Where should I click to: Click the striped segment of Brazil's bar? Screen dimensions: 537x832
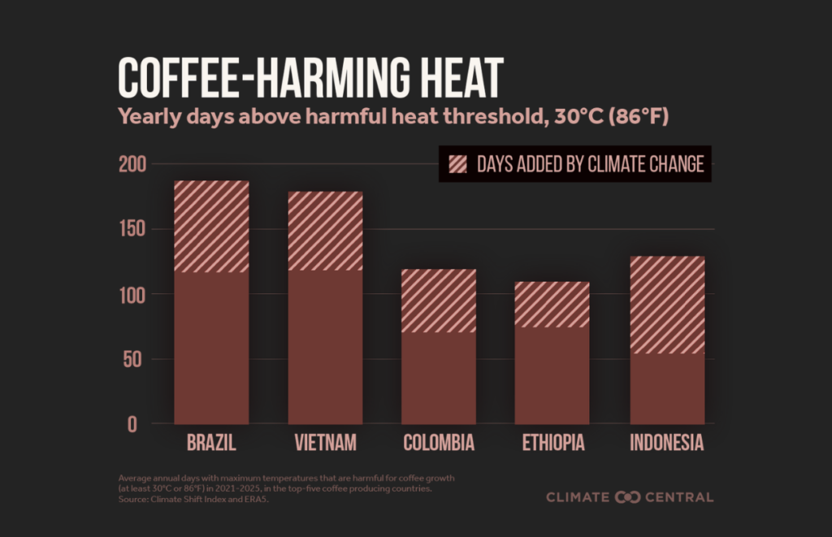click(211, 226)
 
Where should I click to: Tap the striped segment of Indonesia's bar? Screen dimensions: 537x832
click(667, 305)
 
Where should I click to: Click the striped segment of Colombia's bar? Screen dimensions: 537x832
click(439, 301)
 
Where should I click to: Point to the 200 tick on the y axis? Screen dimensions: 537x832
click(133, 165)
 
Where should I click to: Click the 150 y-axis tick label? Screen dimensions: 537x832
click(133, 230)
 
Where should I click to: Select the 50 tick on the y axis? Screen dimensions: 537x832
click(138, 360)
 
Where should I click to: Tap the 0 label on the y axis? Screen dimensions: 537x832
click(143, 425)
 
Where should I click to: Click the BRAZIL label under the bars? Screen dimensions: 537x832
click(211, 444)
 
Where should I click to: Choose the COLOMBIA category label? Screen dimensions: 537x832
click(439, 444)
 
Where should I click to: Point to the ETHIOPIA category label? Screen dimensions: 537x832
click(552, 444)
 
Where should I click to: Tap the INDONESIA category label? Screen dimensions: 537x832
click(667, 444)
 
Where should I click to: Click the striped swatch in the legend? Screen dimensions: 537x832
click(457, 164)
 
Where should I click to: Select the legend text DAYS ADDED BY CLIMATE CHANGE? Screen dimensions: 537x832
click(590, 164)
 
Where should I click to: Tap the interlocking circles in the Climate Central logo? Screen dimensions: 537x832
click(628, 496)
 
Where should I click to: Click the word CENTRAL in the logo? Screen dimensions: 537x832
click(678, 496)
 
